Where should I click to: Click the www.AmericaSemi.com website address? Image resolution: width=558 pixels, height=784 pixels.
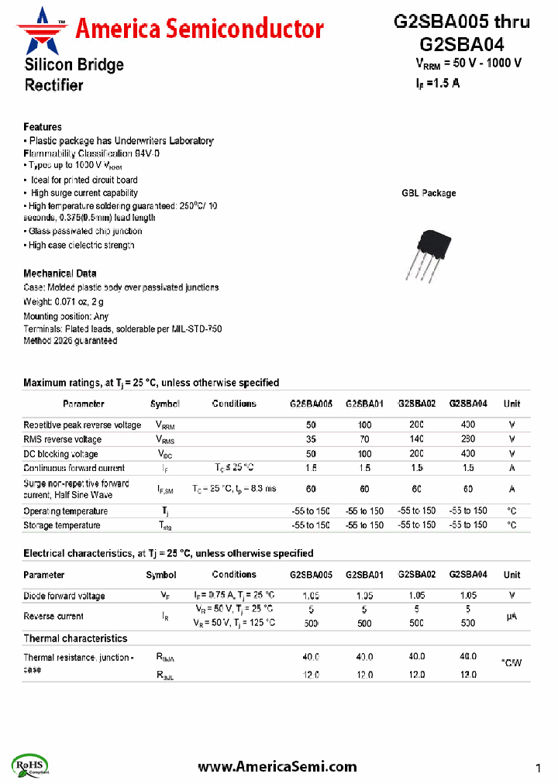pyautogui.click(x=277, y=766)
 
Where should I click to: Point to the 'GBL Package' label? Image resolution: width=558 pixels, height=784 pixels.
pyautogui.click(x=429, y=193)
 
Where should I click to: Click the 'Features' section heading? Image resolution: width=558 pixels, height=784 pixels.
pyautogui.click(x=43, y=127)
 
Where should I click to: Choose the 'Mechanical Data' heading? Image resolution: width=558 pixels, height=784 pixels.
pyautogui.click(x=60, y=273)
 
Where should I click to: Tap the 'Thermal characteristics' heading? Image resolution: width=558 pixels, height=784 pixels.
pyautogui.click(x=75, y=638)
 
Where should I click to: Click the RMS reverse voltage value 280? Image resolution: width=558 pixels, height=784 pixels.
pyautogui.click(x=468, y=439)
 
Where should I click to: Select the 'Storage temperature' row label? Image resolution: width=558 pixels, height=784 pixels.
pyautogui.click(x=62, y=525)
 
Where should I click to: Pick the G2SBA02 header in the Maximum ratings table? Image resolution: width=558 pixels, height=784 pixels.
pyautogui.click(x=417, y=404)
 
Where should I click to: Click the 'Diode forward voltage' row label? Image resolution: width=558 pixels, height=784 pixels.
pyautogui.click(x=64, y=596)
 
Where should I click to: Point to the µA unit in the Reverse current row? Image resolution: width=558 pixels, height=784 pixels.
pyautogui.click(x=511, y=617)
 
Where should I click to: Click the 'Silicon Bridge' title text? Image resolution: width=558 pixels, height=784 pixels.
pyautogui.click(x=74, y=65)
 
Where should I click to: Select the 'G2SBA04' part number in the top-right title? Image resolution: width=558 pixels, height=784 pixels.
pyautogui.click(x=462, y=44)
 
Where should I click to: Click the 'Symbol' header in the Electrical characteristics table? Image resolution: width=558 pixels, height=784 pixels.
pyautogui.click(x=161, y=575)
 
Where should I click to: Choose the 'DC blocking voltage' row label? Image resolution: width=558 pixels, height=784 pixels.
pyautogui.click(x=60, y=454)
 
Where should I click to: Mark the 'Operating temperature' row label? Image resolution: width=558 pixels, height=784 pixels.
pyautogui.click(x=66, y=511)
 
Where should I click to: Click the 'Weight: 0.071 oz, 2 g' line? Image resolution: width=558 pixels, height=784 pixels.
pyautogui.click(x=64, y=301)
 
